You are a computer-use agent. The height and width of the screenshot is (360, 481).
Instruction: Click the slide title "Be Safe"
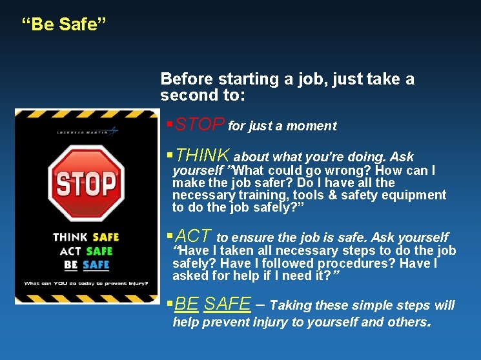coord(64,25)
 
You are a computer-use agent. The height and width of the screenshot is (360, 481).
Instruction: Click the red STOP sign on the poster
coord(86,183)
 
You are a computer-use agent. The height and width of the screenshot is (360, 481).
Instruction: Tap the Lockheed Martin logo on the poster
coord(87,132)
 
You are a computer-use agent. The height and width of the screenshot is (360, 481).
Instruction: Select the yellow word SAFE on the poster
coord(105,237)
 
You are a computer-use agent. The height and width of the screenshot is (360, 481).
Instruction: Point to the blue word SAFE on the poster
coord(96,265)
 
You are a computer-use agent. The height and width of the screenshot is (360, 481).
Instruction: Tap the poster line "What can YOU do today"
coord(86,283)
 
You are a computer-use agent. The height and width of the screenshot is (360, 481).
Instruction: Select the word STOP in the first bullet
coord(200,125)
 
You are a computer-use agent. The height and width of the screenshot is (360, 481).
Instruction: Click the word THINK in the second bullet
coord(203,155)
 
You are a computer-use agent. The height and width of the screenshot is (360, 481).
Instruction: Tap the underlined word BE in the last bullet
coord(187,304)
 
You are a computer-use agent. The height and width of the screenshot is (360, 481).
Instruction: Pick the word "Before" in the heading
coord(186,79)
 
